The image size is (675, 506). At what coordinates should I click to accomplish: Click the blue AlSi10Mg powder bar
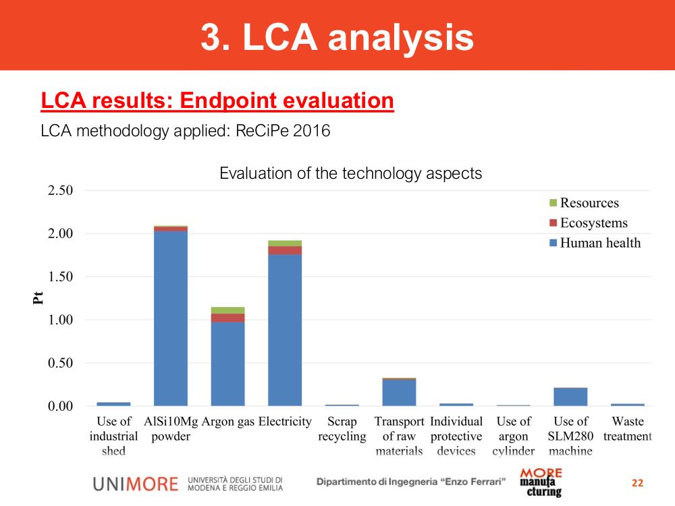coord(171,318)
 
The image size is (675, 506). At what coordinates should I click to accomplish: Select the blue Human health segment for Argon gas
coord(227,364)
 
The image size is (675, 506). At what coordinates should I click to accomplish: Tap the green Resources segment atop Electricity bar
coord(285,244)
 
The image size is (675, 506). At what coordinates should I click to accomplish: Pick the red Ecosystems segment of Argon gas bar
coord(227,318)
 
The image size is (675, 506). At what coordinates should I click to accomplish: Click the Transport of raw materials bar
coord(399,392)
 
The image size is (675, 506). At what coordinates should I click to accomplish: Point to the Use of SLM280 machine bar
coord(570,397)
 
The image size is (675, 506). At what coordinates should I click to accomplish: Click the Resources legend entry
coord(584,202)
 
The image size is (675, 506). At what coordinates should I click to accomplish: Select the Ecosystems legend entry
coord(589,223)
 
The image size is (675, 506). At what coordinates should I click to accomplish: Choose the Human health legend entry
coord(595,243)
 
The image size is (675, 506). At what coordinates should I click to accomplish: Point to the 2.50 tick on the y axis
coord(60,190)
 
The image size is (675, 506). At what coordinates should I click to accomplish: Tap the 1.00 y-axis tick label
coord(60,320)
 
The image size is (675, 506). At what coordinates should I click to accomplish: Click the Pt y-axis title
coord(38,298)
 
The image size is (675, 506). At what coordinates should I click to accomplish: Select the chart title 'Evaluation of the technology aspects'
coord(350,173)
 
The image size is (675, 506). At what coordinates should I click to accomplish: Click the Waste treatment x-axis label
coord(627,428)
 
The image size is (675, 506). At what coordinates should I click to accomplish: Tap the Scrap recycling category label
coord(342,428)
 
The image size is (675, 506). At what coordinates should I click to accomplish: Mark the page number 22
coord(638,483)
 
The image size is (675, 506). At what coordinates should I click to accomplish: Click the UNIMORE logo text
coord(136,484)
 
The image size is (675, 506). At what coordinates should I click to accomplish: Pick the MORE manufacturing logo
coord(541,482)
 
